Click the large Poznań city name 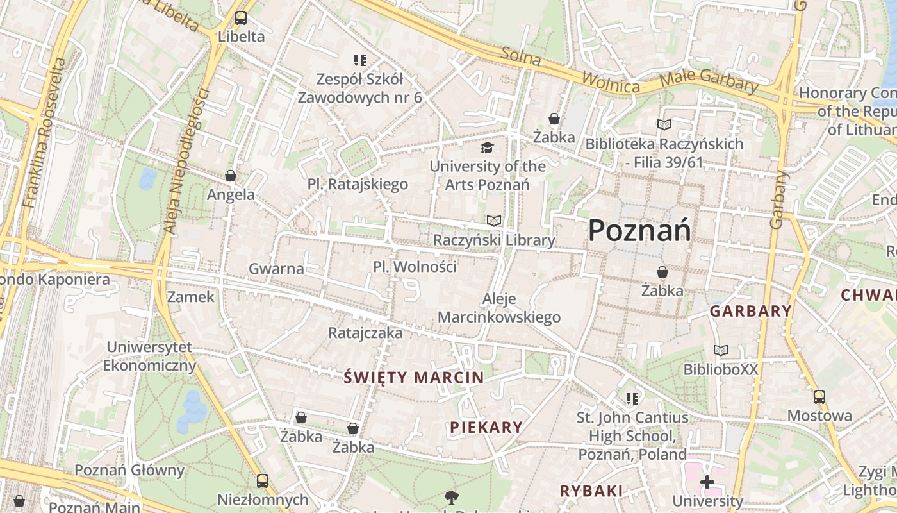tap(639, 230)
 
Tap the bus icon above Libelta tap(241, 18)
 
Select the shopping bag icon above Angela tap(231, 176)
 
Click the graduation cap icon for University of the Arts tap(488, 148)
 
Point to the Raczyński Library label tap(494, 240)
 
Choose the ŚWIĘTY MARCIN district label tap(413, 377)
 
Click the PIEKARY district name tap(486, 427)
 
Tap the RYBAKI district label tap(591, 491)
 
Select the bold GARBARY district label tap(750, 312)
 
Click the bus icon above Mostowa tap(819, 397)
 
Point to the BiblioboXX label tap(721, 369)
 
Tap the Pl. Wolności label tap(415, 266)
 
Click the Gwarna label tap(276, 269)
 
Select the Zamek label tap(191, 297)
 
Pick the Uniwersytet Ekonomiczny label tap(149, 357)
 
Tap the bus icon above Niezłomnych tap(263, 481)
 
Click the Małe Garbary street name tap(709, 81)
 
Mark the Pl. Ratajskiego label tap(358, 185)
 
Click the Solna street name tap(521, 58)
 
